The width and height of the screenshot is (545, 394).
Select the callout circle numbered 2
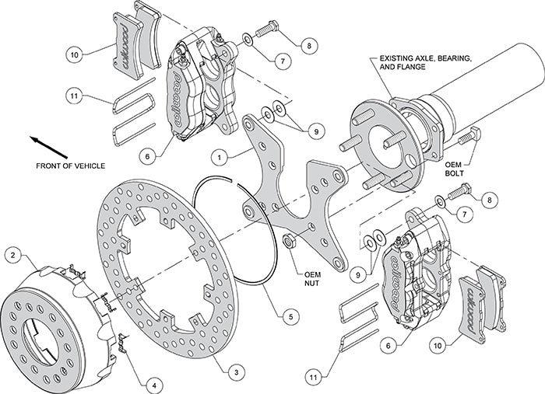tap(14, 254)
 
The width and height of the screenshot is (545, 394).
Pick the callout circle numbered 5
tap(290, 316)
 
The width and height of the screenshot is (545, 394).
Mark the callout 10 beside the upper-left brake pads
tap(74, 55)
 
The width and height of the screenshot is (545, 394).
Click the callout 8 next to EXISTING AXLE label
tap(311, 46)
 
